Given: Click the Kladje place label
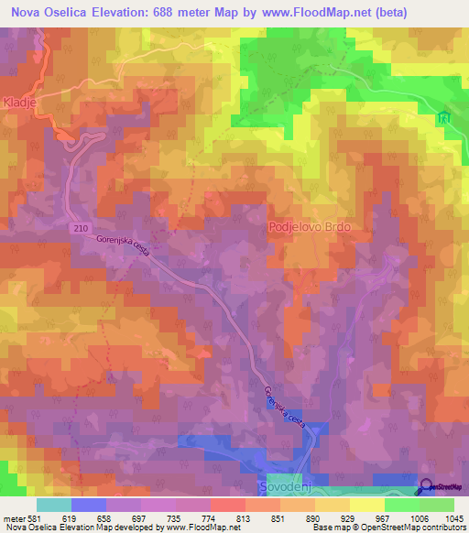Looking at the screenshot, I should coord(19,102).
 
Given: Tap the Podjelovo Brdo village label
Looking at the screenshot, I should coord(311,225).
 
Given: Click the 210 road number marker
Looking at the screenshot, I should coord(79,224).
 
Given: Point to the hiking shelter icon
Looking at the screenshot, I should coord(445,118).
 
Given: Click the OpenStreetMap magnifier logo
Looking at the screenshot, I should coord(427,487).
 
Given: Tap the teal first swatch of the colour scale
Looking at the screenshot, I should coord(54,505).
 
